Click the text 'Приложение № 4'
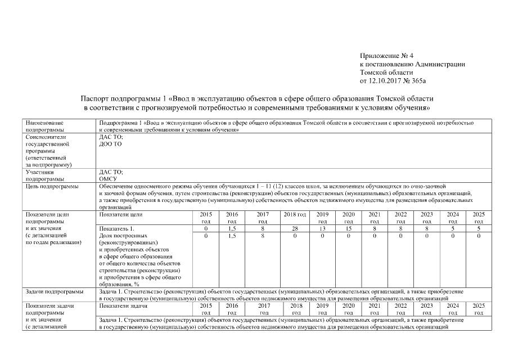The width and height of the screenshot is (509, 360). point(386,56)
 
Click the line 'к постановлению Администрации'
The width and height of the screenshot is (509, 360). point(412,64)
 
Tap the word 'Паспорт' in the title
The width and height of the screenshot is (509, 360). point(96,98)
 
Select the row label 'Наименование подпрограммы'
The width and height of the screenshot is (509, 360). point(44,125)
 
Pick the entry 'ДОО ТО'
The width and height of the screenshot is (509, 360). point(110,143)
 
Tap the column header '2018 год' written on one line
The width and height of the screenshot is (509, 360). point(294,214)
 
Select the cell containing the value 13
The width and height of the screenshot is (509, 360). point(322,228)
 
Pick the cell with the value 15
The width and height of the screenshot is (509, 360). point(348,228)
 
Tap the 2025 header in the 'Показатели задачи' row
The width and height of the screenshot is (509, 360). point(479,309)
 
